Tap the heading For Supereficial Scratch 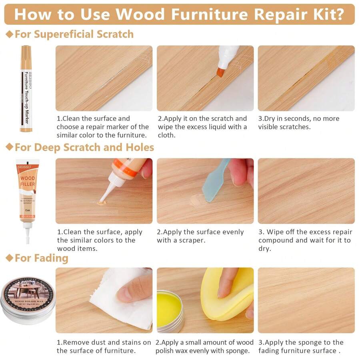tap(74, 34)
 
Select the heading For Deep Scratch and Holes tap(84, 147)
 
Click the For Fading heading tap(41, 258)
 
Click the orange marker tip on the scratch tap(221, 72)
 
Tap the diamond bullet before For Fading tap(9, 258)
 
